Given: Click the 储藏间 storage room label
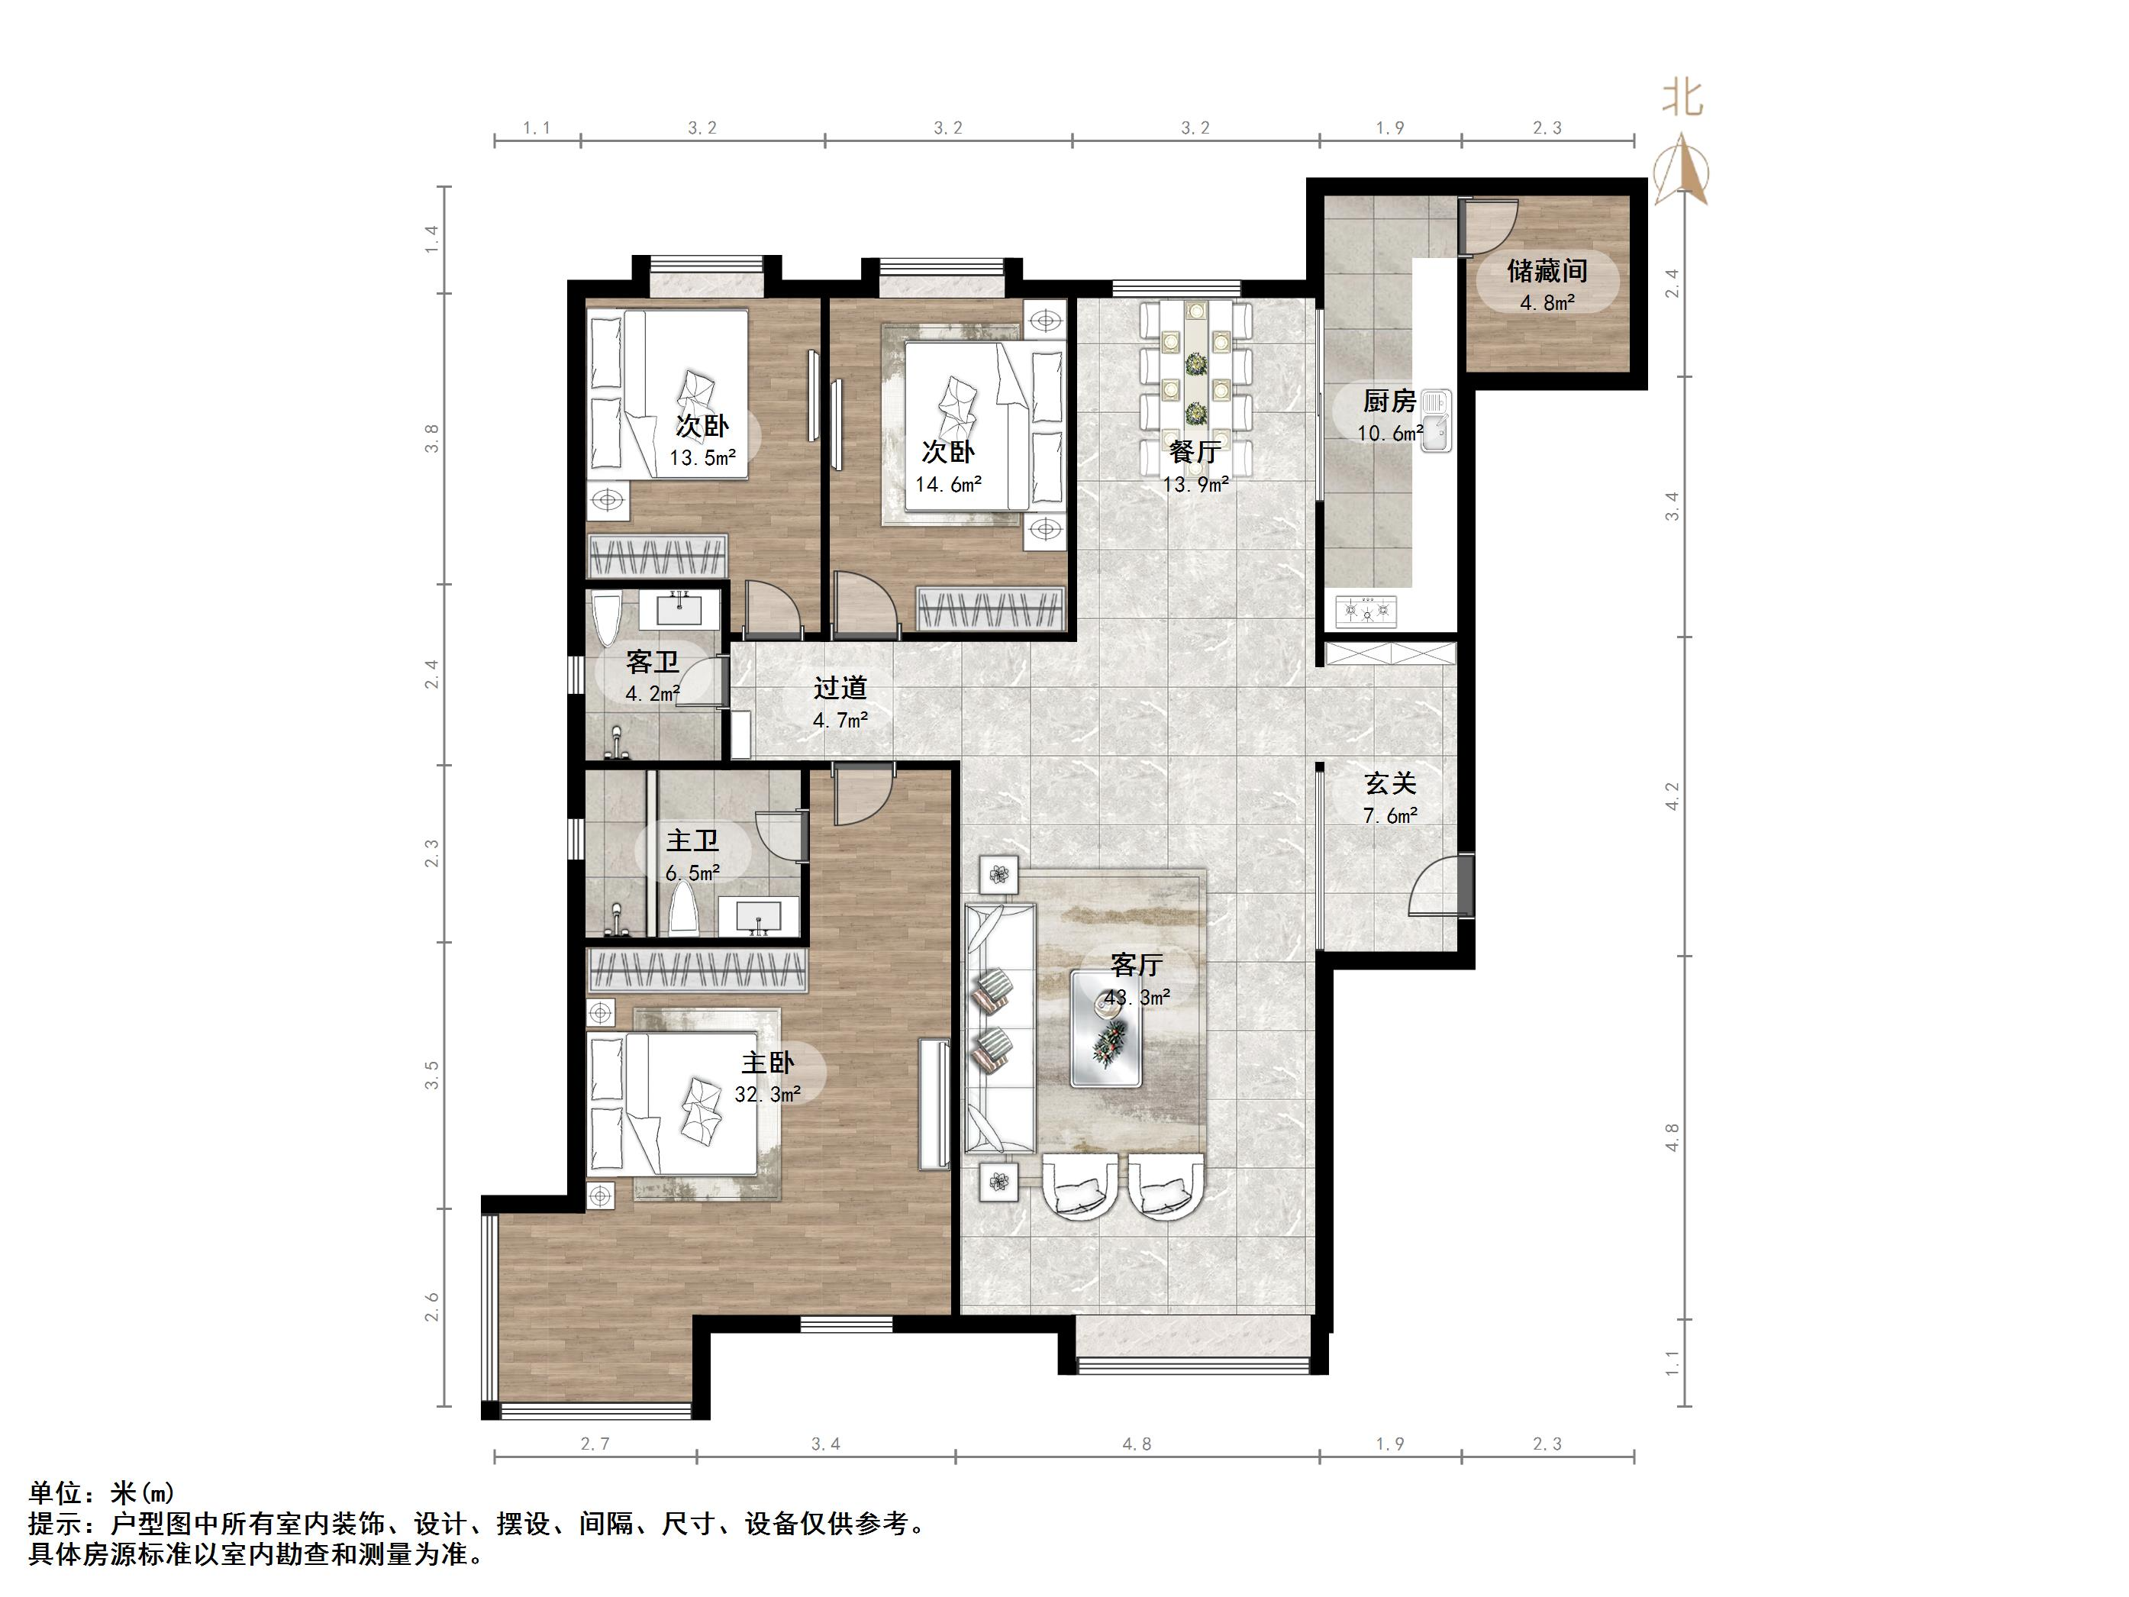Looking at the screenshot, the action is (1547, 272).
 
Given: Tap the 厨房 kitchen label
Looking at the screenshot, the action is (1389, 402).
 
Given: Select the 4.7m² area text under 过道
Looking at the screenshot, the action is (840, 719).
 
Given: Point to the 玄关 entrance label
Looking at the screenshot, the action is (1390, 785).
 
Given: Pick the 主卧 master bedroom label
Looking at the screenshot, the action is (767, 1063).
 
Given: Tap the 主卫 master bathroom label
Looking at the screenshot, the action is (692, 841).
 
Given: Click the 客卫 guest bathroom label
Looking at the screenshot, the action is (652, 663).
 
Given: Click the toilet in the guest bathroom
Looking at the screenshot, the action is (606, 620).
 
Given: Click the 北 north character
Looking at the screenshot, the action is (1683, 97).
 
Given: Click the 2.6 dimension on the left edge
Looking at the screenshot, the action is (431, 1306).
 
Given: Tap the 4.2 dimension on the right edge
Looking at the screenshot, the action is (1672, 796).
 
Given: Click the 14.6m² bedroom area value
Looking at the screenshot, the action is (948, 484).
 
